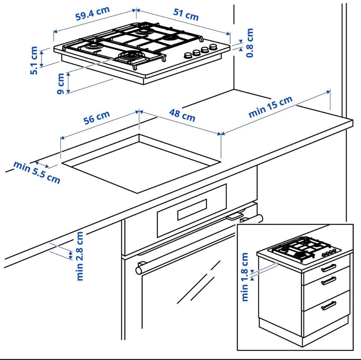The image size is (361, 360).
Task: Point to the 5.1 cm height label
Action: click(34, 60)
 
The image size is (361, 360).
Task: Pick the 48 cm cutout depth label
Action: click(182, 115)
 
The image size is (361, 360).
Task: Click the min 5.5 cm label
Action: click(37, 172)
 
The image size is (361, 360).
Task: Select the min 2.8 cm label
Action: click(80, 256)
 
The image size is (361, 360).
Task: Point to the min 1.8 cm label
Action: click(245, 277)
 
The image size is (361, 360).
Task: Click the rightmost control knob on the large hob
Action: click(214, 47)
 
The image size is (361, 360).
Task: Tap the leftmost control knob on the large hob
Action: click(187, 56)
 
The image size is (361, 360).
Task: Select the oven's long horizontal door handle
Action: click(199, 243)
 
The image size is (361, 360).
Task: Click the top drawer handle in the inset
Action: click(329, 268)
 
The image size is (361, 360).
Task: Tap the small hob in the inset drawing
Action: click(304, 249)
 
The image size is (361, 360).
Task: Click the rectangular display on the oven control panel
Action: click(192, 210)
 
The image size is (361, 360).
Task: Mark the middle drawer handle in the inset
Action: click(329, 280)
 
